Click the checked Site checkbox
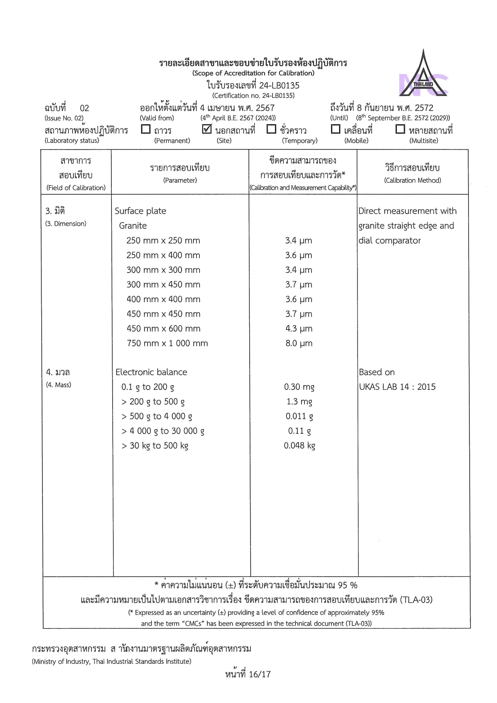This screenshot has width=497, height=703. click(x=207, y=129)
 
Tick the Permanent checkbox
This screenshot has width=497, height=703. click(x=146, y=129)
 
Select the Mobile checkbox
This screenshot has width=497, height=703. click(x=335, y=129)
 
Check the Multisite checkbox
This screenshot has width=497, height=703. click(x=400, y=129)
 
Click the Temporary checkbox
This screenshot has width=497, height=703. click(x=271, y=129)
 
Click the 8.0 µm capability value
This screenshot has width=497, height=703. click(x=299, y=343)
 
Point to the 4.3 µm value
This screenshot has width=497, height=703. click(x=299, y=329)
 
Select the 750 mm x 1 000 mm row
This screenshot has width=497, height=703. click(x=167, y=343)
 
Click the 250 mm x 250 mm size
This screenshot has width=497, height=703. click(x=163, y=241)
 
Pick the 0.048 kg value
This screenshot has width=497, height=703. click(x=299, y=446)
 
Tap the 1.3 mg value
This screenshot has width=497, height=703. click(x=299, y=402)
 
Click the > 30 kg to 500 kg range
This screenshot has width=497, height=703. click(x=155, y=446)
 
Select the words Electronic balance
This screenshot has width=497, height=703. click(x=151, y=372)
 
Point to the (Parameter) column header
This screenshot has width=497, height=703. click(x=180, y=180)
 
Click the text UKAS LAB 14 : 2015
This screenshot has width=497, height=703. click(x=397, y=387)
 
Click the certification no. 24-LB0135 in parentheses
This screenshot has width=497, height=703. click(x=253, y=96)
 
